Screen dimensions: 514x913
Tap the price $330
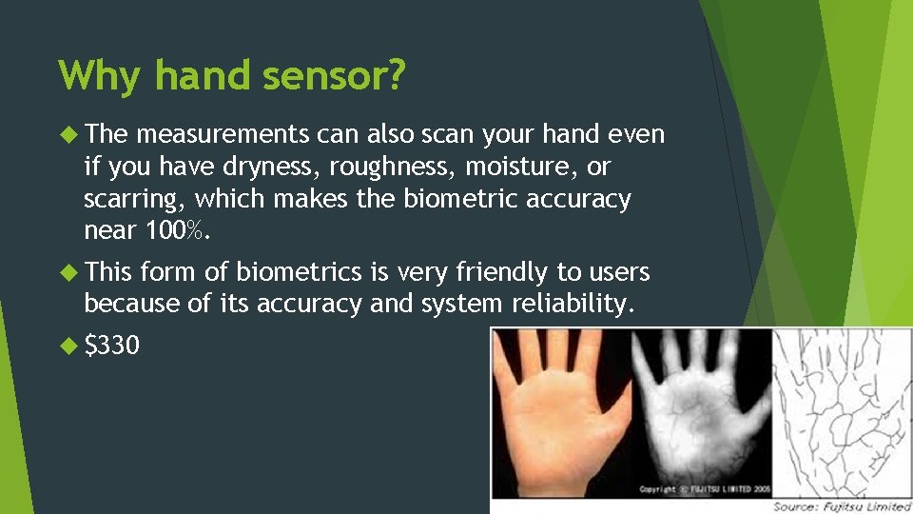[111, 345]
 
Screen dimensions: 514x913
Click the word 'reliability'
[568, 305]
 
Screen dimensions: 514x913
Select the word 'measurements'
[222, 135]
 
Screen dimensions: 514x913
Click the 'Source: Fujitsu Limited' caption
[841, 505]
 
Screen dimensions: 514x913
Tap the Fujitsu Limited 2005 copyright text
[705, 488]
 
